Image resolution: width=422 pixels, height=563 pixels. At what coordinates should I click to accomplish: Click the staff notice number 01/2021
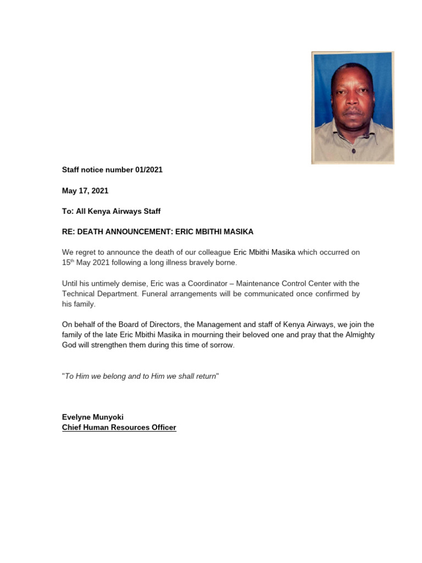pyautogui.click(x=112, y=170)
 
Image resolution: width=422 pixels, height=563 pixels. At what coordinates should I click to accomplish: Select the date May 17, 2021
pyautogui.click(x=85, y=191)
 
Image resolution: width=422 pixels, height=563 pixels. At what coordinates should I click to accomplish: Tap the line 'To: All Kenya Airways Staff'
pyautogui.click(x=111, y=211)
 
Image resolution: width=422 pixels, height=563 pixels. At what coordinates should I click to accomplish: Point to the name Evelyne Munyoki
pyautogui.click(x=92, y=417)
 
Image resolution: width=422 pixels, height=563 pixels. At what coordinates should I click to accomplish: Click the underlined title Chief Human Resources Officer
pyautogui.click(x=119, y=427)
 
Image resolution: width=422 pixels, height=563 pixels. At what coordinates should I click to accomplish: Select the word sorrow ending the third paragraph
pyautogui.click(x=221, y=346)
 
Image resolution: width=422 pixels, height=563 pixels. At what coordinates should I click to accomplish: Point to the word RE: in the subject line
pyautogui.click(x=69, y=232)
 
